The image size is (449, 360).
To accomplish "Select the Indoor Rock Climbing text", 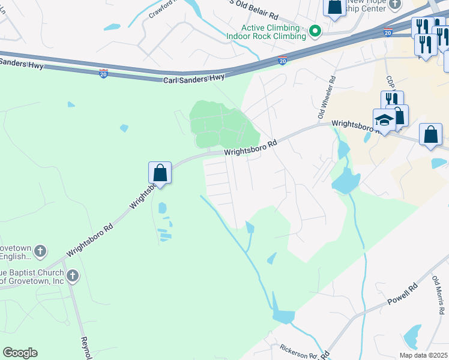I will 266,37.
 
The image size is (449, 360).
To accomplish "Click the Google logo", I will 20,353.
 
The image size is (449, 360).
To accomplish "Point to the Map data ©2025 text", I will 423,355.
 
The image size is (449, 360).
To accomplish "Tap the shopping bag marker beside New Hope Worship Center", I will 334,7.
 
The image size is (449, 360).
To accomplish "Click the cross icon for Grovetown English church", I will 40,251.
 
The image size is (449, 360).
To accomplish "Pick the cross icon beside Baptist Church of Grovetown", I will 72,276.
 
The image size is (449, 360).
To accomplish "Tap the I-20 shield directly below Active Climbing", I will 283,61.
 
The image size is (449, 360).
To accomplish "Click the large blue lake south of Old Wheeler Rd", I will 346,180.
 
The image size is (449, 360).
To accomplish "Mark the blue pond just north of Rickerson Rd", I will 283,316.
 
